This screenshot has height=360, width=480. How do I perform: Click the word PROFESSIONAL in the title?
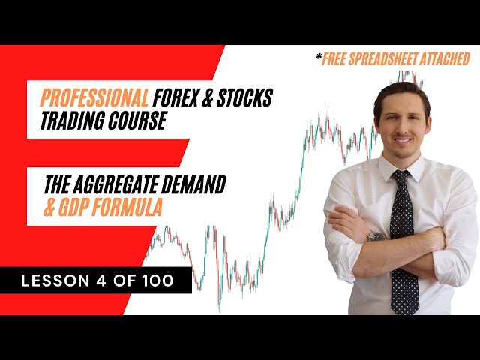[94, 97]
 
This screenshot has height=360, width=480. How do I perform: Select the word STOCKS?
[244, 97]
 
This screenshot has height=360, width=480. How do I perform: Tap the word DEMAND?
[193, 184]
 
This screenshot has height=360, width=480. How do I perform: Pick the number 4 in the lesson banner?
[101, 280]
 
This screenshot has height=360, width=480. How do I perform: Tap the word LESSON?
[55, 280]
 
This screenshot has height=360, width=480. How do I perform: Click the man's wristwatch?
[376, 236]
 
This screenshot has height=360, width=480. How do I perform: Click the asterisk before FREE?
[319, 56]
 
